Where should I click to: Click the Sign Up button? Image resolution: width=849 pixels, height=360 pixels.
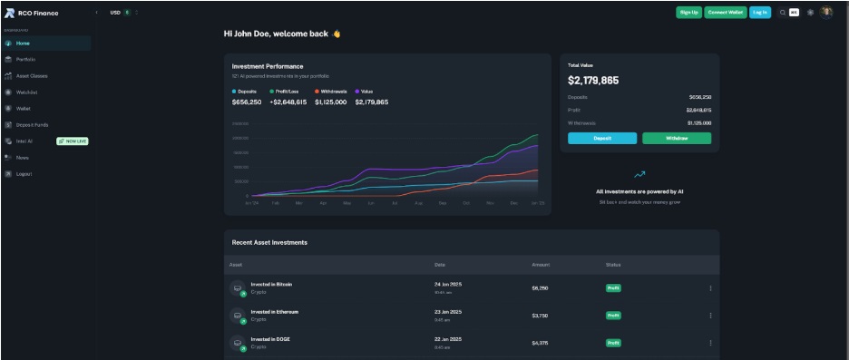pos(688,12)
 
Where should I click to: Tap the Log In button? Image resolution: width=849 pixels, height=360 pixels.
pos(760,12)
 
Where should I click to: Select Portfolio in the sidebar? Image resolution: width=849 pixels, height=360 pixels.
pos(25,59)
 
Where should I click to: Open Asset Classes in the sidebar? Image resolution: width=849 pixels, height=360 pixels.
pos(31,75)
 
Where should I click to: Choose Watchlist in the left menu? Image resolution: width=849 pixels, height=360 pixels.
pos(26,92)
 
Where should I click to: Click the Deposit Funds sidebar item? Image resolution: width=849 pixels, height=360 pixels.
pos(32,124)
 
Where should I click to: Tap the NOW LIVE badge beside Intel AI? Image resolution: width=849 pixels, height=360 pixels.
pos(73,141)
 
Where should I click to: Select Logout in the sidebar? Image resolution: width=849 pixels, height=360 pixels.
pos(24,173)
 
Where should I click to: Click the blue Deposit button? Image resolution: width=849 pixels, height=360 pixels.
pos(602,139)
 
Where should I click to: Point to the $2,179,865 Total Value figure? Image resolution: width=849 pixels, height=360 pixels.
pos(593,81)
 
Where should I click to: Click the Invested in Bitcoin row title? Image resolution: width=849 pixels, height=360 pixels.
pos(271,284)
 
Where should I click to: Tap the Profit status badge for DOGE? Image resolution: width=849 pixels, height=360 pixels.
pos(613,343)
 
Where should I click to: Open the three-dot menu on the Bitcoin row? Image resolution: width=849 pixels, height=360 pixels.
pos(710,288)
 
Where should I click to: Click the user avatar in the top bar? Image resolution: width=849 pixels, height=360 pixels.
pos(826,12)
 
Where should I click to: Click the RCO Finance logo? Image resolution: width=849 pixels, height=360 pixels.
pos(32,13)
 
